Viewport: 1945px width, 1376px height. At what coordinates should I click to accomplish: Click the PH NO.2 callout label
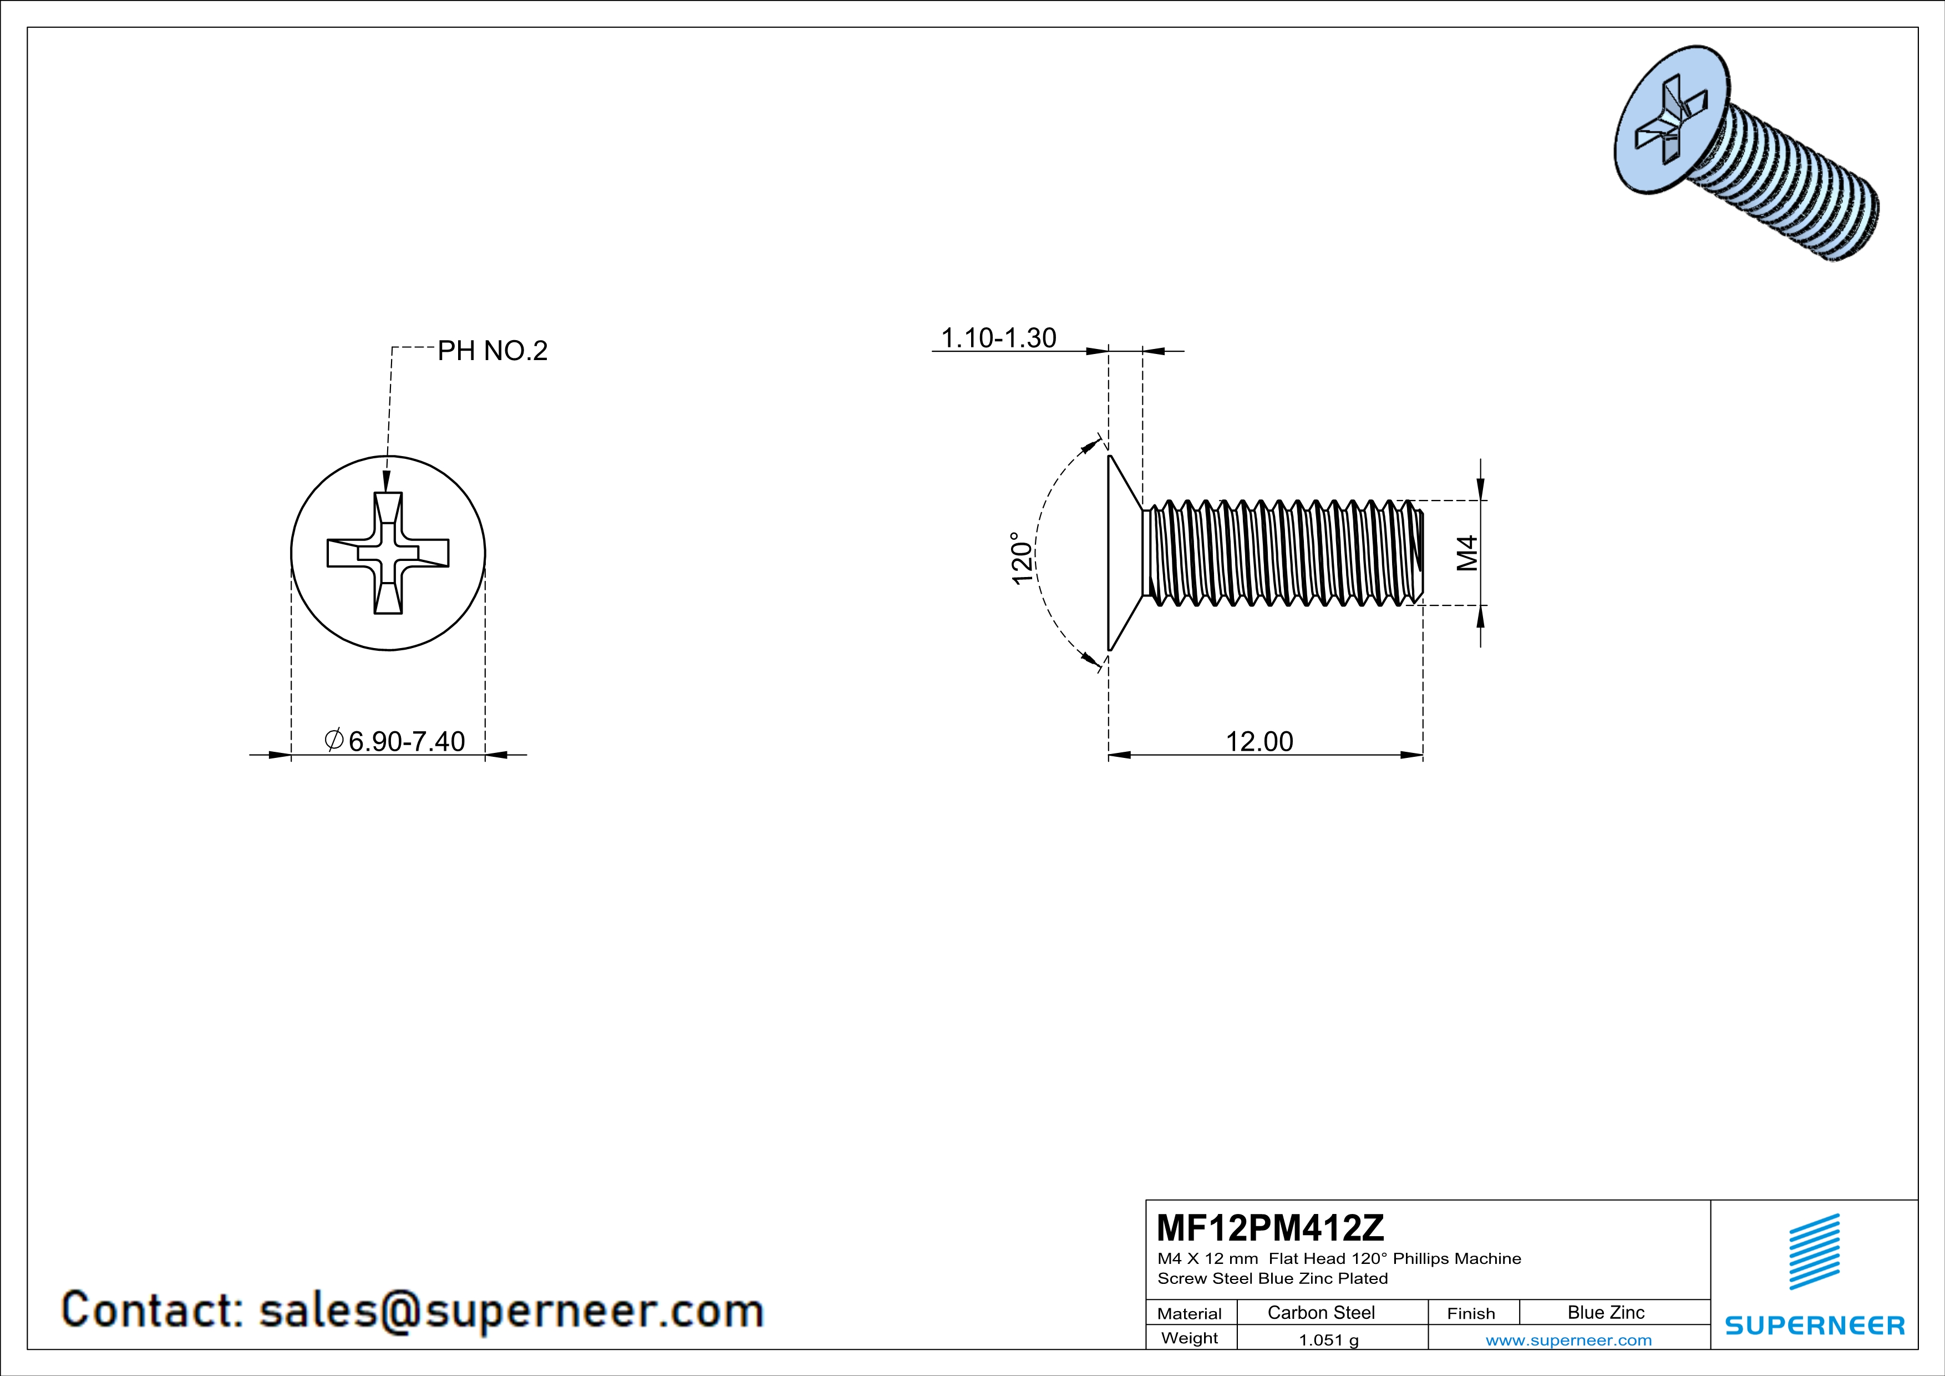click(492, 351)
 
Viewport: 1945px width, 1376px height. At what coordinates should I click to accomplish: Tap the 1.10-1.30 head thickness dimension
click(999, 338)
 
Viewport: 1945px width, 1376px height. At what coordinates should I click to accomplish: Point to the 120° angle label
click(1023, 558)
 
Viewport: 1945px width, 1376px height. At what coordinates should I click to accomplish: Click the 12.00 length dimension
click(1260, 741)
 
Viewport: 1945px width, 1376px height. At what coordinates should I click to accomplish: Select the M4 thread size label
click(1467, 553)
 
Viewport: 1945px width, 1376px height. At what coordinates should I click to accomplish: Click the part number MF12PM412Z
click(1270, 1227)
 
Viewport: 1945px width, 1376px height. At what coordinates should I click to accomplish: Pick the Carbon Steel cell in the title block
click(1321, 1312)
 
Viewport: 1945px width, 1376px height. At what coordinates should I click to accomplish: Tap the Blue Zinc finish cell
click(1605, 1312)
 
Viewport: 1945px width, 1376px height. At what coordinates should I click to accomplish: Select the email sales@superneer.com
click(511, 1310)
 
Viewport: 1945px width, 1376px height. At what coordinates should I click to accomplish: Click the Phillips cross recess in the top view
click(388, 553)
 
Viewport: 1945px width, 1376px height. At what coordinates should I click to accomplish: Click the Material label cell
click(1190, 1313)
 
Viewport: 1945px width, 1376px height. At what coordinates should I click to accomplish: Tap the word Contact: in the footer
click(153, 1310)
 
